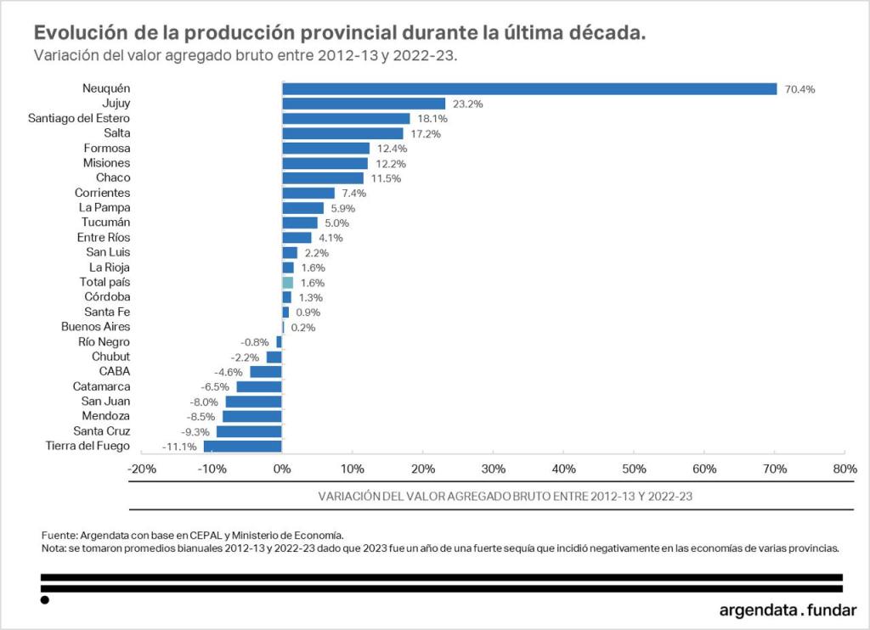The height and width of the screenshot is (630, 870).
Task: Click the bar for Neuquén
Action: point(528,89)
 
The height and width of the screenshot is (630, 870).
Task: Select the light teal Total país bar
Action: point(287,282)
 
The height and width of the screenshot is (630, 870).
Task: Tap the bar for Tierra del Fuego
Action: point(242,446)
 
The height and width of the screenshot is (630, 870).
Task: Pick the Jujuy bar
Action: point(364,104)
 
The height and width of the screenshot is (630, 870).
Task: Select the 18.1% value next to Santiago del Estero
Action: point(432,119)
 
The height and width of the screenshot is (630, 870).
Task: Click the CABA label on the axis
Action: point(114,371)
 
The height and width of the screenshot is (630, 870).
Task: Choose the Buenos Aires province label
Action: point(95,326)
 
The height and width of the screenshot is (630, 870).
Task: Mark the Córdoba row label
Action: point(107,296)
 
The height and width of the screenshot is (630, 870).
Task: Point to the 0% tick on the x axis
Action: point(282,469)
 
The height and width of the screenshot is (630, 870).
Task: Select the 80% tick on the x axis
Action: point(844,469)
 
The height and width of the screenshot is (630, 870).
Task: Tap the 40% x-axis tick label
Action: point(563,469)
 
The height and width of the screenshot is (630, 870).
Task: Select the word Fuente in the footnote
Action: point(59,535)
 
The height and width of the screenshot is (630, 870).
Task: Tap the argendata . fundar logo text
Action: point(787,610)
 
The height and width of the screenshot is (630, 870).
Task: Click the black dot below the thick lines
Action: point(45,600)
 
